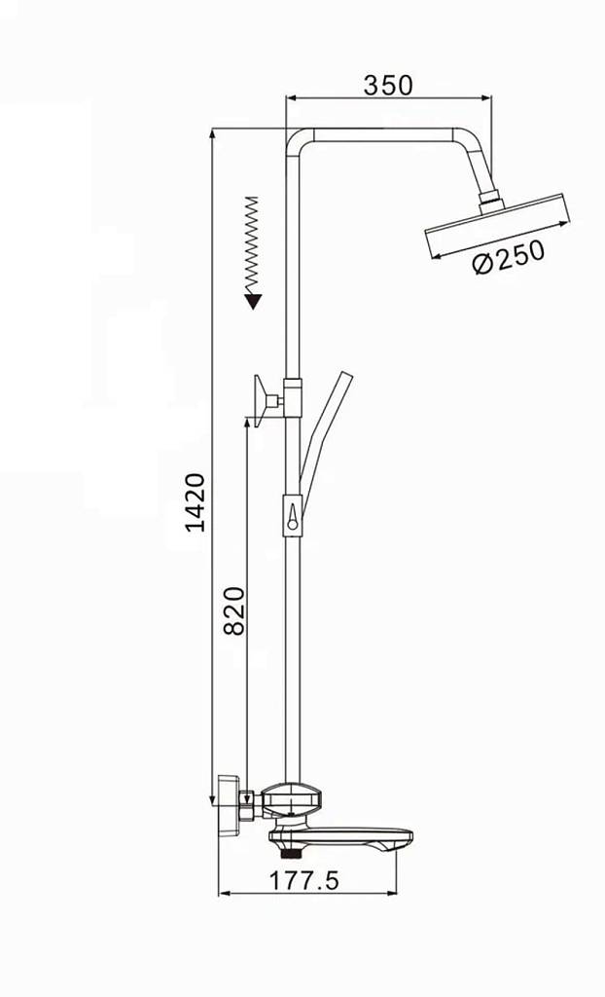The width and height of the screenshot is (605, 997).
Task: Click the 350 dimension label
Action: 388,86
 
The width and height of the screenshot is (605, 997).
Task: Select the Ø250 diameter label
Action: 509,256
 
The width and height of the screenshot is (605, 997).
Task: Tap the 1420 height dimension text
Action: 196,502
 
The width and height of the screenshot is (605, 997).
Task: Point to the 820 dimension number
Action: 234,611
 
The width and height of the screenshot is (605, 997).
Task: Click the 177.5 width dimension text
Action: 305,880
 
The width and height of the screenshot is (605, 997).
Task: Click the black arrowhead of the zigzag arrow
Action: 254,302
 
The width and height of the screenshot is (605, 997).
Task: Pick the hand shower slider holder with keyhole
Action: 292,515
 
